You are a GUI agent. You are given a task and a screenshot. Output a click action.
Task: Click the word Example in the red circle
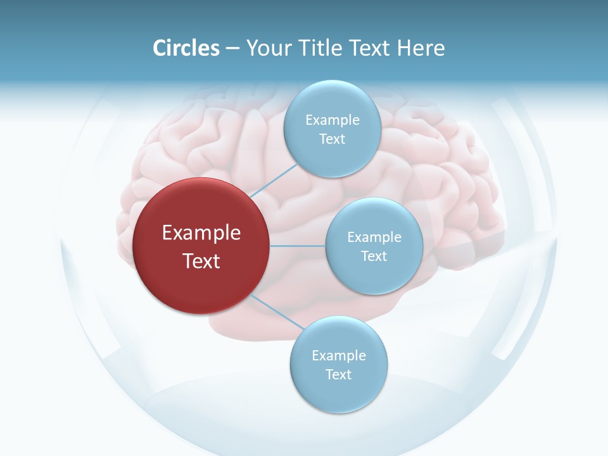201,233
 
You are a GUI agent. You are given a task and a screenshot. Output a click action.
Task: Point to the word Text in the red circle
201,261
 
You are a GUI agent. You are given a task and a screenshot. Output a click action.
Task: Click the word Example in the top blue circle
332,120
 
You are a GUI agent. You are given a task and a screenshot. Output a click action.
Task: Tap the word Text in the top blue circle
332,139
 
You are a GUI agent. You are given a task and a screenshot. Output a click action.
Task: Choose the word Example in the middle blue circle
374,237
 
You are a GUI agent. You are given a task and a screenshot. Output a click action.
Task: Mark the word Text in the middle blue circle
374,256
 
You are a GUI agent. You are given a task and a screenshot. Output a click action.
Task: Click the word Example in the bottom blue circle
339,356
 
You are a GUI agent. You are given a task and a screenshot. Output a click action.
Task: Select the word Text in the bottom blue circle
338,375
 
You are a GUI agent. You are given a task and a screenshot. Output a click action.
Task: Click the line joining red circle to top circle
274,180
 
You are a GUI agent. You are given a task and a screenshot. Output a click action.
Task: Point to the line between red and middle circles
298,246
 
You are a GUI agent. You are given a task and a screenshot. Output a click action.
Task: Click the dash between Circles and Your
232,49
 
